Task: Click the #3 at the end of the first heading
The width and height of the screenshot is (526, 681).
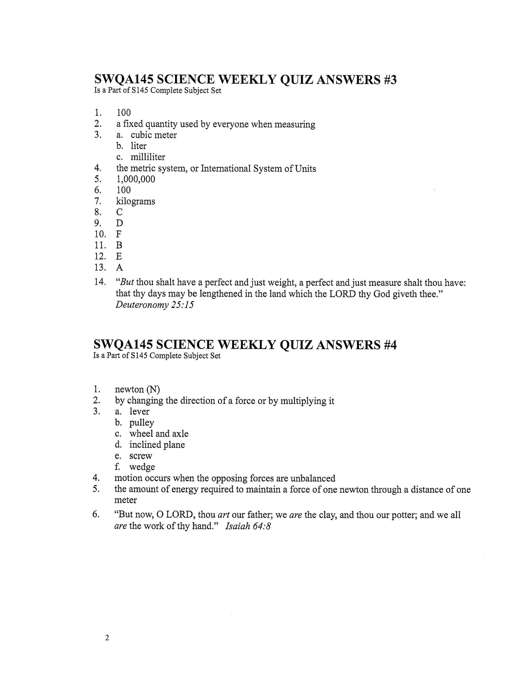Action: [389, 80]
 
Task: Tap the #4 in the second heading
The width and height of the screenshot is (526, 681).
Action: [389, 345]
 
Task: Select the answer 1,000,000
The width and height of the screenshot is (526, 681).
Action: [135, 179]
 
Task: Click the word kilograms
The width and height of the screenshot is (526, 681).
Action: [135, 201]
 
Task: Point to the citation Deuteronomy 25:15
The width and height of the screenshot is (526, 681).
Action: [154, 305]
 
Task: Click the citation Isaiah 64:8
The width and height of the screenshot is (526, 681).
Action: [248, 526]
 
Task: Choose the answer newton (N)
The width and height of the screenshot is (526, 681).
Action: [137, 390]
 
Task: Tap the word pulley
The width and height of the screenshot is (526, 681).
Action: [142, 423]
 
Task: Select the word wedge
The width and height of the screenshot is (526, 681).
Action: [142, 467]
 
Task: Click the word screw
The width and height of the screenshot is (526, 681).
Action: [141, 456]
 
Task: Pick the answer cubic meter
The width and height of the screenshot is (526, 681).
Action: [154, 135]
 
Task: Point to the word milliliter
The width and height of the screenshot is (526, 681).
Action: [148, 157]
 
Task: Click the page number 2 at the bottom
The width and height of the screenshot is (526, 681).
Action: [107, 638]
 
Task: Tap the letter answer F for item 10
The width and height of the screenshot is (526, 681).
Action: [119, 234]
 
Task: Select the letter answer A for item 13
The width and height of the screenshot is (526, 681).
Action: [119, 268]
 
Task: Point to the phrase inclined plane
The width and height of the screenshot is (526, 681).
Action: [157, 445]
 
